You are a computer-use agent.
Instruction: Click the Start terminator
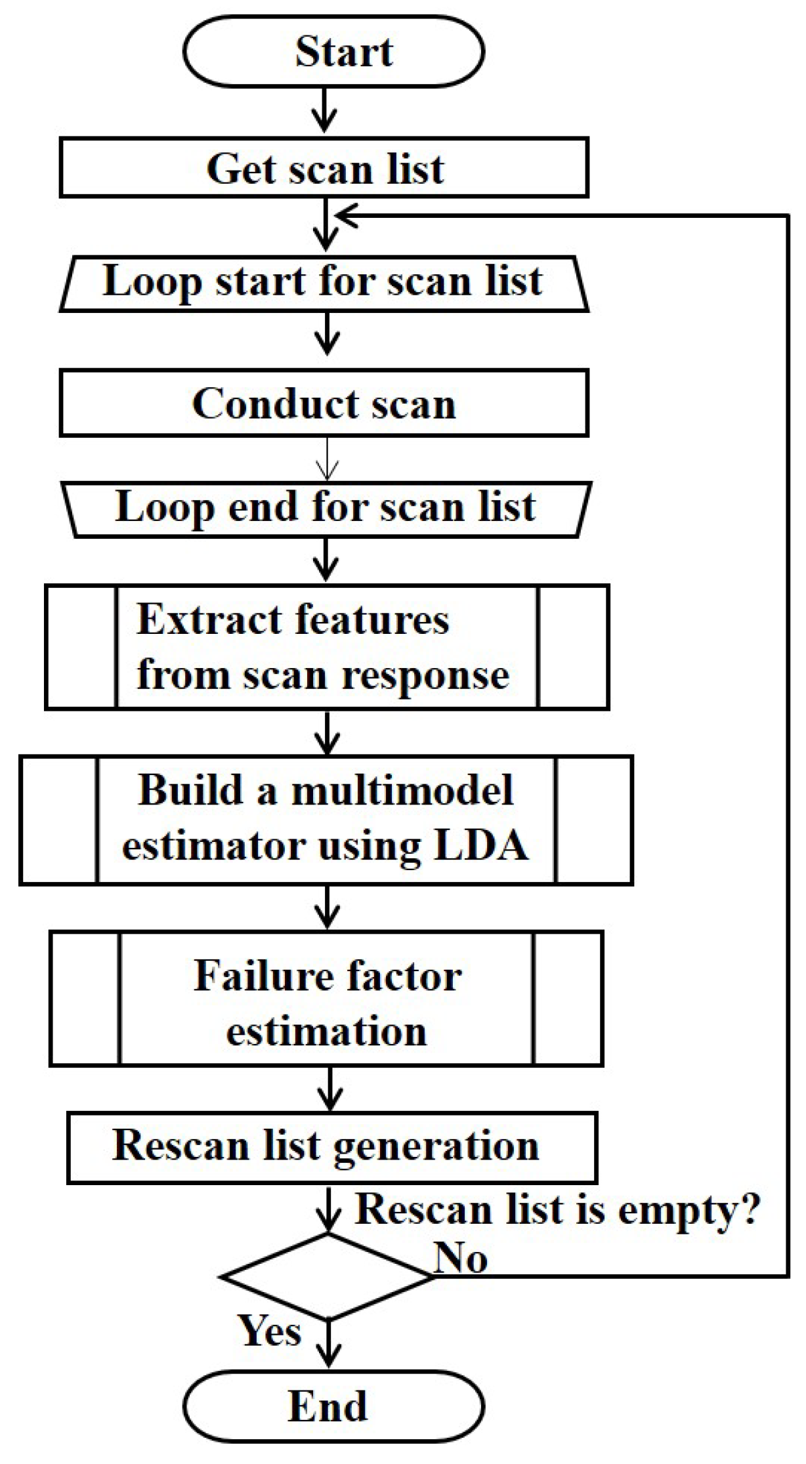point(333,51)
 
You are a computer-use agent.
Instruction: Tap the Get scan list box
point(324,167)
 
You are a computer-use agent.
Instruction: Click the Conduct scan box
point(324,403)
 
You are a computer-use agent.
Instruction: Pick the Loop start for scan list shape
point(324,283)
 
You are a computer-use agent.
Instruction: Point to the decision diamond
point(327,1276)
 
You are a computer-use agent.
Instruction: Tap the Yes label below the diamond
point(270,1331)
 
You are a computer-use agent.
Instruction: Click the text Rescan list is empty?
point(557,1209)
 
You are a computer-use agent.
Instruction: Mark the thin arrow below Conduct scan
point(327,459)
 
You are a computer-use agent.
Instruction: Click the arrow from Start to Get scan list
point(325,110)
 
